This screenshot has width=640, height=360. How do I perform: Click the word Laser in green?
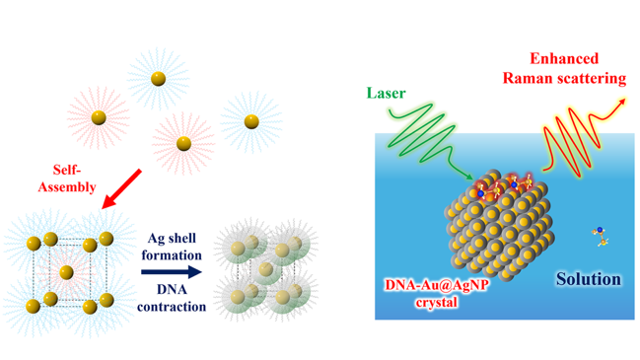386,93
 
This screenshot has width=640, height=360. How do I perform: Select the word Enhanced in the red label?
564,58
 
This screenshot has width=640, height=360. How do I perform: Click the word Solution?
589,279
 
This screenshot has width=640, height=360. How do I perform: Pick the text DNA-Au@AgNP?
436,284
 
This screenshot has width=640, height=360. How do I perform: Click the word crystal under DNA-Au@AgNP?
436,303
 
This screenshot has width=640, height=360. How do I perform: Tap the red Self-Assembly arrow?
121,188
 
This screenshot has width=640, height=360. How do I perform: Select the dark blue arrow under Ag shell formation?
172,272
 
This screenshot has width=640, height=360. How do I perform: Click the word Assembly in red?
67,187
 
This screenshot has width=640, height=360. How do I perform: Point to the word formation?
172,255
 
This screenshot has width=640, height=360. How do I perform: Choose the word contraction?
172,307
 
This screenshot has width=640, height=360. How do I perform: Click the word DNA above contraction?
172,289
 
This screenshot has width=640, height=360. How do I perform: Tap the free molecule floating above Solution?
601,237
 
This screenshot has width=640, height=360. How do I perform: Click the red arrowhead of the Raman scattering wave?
621,102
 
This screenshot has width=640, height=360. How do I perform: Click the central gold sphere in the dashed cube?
66,272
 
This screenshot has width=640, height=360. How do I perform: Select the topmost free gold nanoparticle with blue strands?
159,79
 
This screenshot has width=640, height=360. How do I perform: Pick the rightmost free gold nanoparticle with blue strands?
251,121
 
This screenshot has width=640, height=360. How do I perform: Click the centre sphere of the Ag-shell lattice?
265,269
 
